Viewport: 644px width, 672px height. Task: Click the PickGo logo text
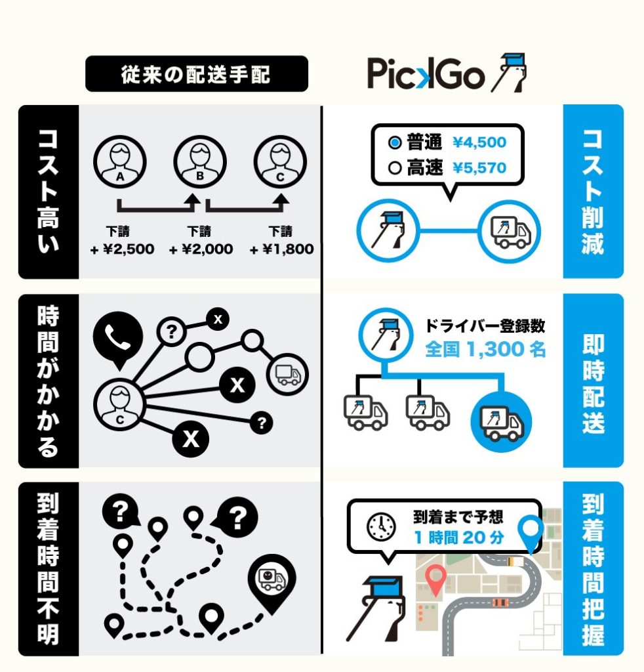point(426,73)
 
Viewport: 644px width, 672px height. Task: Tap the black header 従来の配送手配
point(197,73)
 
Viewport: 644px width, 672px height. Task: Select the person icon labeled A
point(120,162)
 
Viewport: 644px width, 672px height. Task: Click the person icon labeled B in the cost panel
point(200,162)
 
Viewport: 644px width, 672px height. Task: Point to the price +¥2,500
point(123,249)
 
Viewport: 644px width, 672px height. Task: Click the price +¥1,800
point(282,249)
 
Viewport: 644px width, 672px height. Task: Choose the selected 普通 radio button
point(394,142)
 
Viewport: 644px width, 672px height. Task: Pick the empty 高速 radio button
point(394,168)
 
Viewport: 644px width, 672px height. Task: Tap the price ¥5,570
point(479,168)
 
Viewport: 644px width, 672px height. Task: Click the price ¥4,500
point(479,142)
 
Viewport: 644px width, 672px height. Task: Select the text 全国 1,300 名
point(485,349)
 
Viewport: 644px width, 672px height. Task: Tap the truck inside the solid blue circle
point(501,423)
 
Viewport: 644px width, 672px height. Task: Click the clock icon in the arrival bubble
point(380,526)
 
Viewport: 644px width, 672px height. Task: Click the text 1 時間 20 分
point(459,537)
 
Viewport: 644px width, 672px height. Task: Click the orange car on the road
point(500,602)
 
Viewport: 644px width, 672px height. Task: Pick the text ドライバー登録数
point(485,326)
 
